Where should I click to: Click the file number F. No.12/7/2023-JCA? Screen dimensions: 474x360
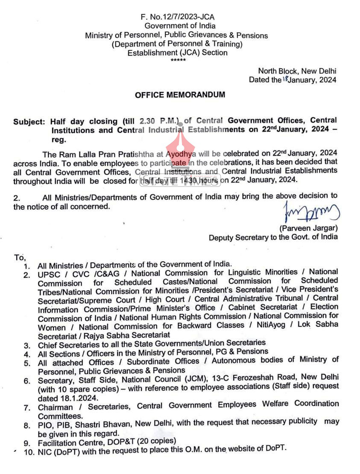coord(177,17)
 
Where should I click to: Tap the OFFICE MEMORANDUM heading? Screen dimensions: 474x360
coord(180,95)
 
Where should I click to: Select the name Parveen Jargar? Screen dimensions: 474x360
coord(308,228)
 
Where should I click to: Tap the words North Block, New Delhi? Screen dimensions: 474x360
coord(297,71)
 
